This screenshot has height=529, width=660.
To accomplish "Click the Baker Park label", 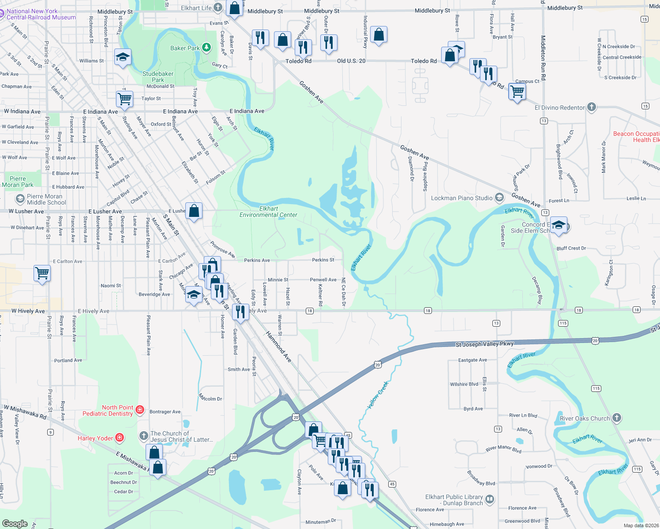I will coord(185,48).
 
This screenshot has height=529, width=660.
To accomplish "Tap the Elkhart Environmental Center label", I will coord(268,212).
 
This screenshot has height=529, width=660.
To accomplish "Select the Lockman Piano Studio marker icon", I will coord(499,197).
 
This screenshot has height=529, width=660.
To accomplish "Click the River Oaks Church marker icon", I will coord(617,418).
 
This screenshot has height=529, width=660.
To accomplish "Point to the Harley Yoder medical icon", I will coord(120,438).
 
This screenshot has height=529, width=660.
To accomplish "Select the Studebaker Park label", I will coord(158,77).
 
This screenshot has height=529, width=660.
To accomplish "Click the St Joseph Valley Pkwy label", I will coord(484,344).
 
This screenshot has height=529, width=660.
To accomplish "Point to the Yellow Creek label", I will coord(378,395).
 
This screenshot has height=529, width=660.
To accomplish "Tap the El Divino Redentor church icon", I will coord(592,107).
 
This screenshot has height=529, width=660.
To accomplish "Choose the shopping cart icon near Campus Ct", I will coord(517,92).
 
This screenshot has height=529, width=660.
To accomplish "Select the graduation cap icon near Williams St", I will coord(123,57).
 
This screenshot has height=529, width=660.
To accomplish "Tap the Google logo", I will coord(15,524).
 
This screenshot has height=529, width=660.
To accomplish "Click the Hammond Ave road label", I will coord(279,347).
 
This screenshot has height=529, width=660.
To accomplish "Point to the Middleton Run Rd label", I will coord(543,58).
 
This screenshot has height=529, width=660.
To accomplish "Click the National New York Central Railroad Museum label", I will coord(41,15).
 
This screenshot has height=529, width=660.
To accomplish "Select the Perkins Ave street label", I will coord(257,261).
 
